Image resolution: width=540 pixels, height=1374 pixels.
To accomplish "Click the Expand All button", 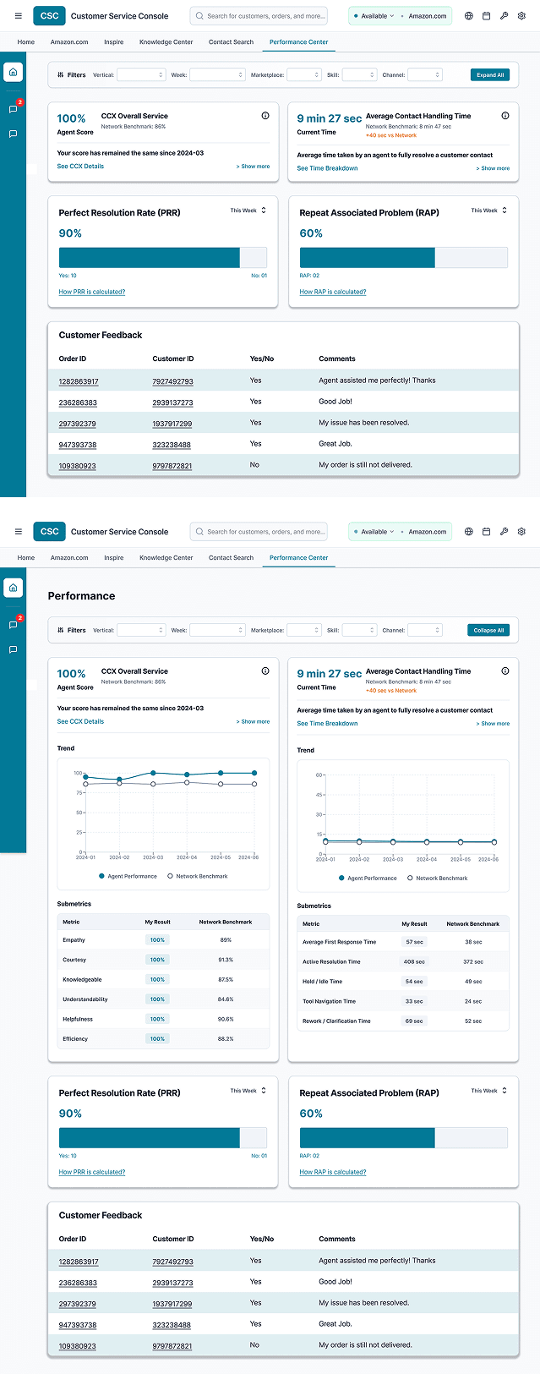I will click(489, 74).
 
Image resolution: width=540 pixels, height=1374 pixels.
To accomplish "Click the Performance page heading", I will click(81, 596).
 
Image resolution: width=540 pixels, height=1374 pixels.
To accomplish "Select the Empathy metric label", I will click(74, 940).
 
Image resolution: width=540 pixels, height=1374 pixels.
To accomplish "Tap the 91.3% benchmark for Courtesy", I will click(226, 960).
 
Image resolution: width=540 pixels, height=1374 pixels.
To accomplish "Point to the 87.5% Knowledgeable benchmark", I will click(226, 979).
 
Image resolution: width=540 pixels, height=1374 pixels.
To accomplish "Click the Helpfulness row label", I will click(78, 1019).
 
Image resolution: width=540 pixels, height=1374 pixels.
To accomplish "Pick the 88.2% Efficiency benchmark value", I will click(226, 1038).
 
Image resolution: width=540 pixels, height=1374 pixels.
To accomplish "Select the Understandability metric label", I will click(85, 999).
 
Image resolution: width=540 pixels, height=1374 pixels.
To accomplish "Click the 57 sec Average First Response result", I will click(414, 942).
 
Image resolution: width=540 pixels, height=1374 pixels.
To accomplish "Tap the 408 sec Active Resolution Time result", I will click(414, 961).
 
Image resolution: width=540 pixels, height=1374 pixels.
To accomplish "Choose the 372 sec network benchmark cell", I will click(473, 961).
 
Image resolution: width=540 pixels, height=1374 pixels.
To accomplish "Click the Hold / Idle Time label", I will click(322, 982).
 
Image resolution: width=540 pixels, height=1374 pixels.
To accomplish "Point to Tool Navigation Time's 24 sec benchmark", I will click(473, 1001).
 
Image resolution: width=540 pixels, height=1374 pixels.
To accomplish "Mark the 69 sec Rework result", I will click(414, 1021).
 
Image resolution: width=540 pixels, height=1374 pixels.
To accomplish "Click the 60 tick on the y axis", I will click(319, 775).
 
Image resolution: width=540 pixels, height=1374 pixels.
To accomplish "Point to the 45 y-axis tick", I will click(319, 795).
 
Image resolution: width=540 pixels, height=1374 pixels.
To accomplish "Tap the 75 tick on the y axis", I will click(80, 792).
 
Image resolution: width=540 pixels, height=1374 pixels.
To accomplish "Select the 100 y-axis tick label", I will click(78, 773).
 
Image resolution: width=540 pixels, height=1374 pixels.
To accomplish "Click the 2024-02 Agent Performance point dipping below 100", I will click(119, 780).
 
